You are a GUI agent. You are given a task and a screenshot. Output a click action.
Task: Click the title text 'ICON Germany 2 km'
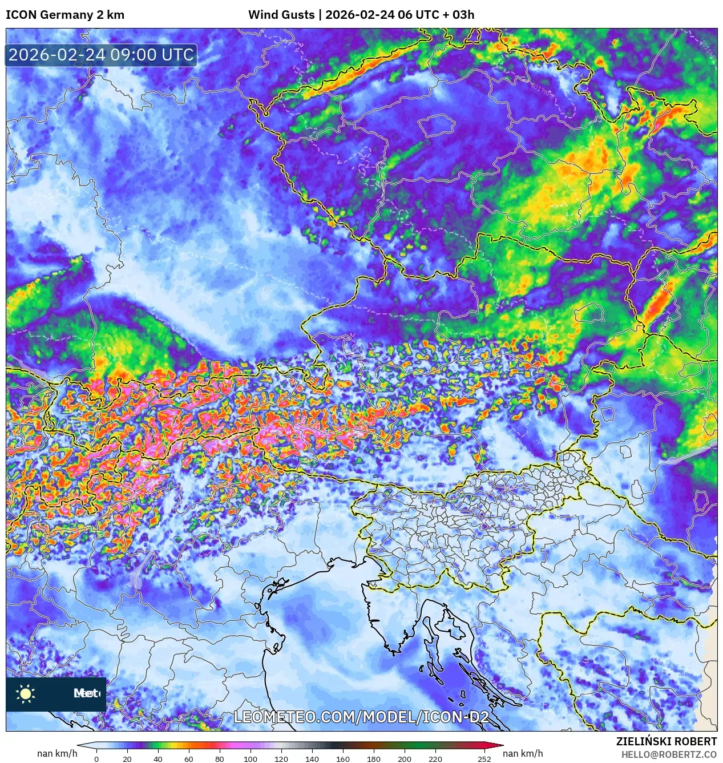tap(65, 15)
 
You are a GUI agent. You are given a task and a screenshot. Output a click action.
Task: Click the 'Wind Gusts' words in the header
tap(281, 15)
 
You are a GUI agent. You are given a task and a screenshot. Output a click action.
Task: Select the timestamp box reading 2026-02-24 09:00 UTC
tap(101, 55)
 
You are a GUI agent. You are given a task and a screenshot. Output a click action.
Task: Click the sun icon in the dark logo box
tap(26, 693)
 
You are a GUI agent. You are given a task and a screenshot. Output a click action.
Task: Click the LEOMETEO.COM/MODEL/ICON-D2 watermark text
tap(361, 717)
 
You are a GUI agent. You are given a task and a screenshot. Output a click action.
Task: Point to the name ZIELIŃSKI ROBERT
tap(666, 741)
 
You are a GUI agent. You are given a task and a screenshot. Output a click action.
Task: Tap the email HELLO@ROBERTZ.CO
tap(669, 754)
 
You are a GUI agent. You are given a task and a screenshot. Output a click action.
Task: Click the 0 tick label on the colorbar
tap(96, 759)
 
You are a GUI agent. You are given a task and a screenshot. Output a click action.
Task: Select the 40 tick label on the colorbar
tap(158, 759)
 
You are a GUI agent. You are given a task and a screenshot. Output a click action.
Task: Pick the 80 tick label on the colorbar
tap(220, 759)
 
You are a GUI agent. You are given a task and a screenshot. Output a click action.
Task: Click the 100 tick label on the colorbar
tap(251, 759)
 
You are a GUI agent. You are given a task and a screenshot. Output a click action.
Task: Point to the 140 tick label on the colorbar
tap(312, 759)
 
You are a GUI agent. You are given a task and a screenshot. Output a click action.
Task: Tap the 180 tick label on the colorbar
tap(374, 759)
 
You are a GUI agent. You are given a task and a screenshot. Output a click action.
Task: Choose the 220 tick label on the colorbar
tap(435, 759)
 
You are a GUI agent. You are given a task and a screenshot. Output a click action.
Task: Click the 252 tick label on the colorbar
tap(484, 759)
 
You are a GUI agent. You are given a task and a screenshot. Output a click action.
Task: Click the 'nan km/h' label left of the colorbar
tap(57, 753)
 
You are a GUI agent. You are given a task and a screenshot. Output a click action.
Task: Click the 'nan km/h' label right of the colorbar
tap(523, 753)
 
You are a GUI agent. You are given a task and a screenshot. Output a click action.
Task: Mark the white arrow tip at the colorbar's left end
tap(81, 745)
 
